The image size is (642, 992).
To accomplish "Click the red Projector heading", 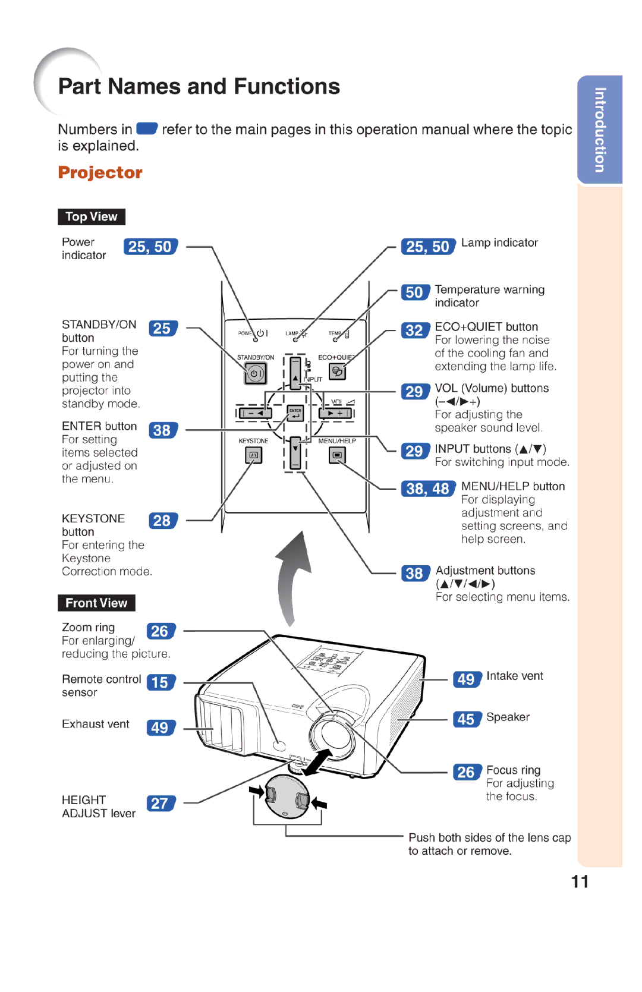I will coord(100,172).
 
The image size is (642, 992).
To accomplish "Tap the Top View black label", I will coord(91,217).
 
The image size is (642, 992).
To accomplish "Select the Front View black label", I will coord(96,603).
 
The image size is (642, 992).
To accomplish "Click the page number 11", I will coord(580,881).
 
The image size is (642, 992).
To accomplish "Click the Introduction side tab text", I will coord(600,130).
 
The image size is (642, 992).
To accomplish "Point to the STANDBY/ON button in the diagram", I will coord(256,374).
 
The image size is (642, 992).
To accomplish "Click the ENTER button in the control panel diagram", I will coord(295,413).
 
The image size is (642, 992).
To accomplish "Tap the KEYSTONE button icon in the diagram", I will coord(253,455).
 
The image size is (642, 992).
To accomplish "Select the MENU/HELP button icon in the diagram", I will coord(337,455).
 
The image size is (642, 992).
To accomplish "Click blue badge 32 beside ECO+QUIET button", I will coord(414,330).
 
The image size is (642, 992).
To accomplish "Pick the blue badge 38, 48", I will coord(427,489).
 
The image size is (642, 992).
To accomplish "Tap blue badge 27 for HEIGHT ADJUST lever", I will coord(160,804).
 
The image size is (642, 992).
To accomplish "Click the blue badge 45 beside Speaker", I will coord(466,719).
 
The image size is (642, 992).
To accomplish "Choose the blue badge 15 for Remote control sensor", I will coord(160,682).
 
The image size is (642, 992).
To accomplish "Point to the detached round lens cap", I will coord(288,796).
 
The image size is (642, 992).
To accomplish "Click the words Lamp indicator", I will coord(499,243).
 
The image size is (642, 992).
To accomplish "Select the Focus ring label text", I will coord(513,770).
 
